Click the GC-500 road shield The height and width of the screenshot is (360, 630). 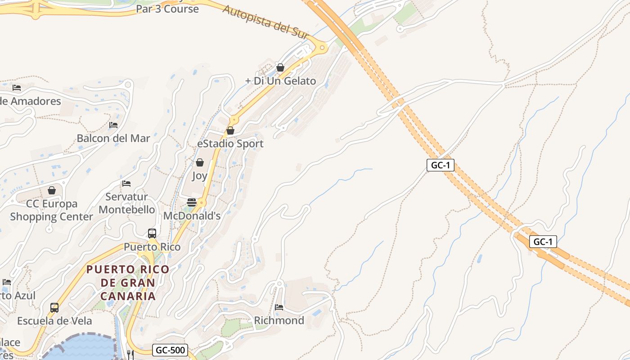point(170,350)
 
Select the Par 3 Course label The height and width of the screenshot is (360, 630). point(167,9)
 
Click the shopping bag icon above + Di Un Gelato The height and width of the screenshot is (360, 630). point(280,67)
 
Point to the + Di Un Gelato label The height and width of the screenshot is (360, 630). point(280,81)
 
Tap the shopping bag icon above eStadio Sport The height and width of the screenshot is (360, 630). point(230,130)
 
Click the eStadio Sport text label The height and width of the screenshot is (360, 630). point(230,144)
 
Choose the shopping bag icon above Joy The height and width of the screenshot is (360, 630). point(200,162)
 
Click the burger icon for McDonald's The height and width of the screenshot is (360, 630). point(192,202)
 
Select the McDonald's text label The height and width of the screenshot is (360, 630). point(192,216)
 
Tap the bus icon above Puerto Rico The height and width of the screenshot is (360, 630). point(152,234)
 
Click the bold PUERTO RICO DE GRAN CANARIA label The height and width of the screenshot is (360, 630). point(128,283)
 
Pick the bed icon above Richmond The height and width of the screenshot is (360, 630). point(279,307)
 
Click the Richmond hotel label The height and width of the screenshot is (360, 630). point(279,320)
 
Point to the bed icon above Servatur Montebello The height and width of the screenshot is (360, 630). point(126,184)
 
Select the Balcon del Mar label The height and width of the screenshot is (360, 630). point(113,138)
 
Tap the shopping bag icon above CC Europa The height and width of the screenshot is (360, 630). point(52,190)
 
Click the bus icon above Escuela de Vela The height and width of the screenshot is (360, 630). point(54,308)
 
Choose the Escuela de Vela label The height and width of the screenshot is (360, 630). point(54,321)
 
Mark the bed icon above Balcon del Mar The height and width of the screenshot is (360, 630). point(113,125)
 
